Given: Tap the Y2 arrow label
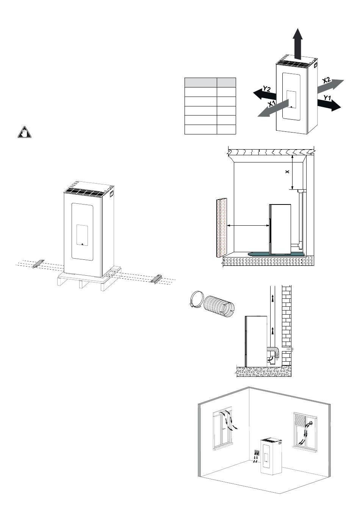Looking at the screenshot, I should [267, 89].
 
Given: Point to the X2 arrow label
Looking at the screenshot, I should [327, 81].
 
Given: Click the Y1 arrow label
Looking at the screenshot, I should [327, 98].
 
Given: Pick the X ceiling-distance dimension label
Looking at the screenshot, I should [287, 172].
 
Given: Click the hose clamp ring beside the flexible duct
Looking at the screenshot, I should [196, 299].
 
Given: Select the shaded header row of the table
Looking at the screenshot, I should [210, 83].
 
